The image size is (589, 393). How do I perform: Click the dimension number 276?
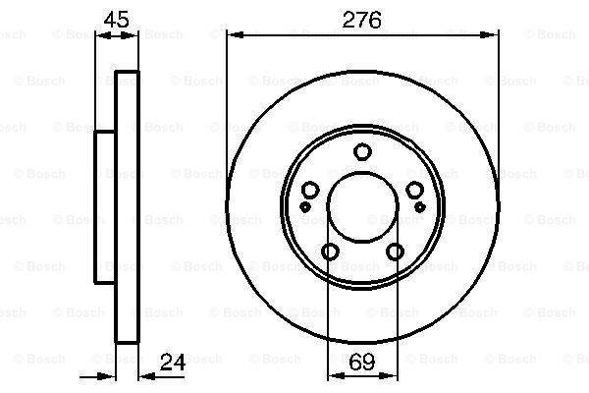pyautogui.click(x=361, y=20)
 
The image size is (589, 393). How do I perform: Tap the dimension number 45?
pyautogui.click(x=117, y=20)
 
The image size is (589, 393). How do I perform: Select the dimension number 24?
pyautogui.click(x=173, y=363)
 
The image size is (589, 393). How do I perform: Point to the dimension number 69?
pyautogui.click(x=362, y=362)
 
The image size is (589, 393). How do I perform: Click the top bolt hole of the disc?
pyautogui.click(x=362, y=152)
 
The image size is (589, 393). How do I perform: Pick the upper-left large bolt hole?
pyautogui.click(x=310, y=190)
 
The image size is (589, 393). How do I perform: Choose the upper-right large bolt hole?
pyautogui.click(x=415, y=190)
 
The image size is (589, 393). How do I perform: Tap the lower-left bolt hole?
pyautogui.click(x=330, y=252)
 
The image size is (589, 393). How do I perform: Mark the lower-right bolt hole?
pyautogui.click(x=396, y=252)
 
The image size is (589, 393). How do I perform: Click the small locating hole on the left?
pyautogui.click(x=305, y=206)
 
